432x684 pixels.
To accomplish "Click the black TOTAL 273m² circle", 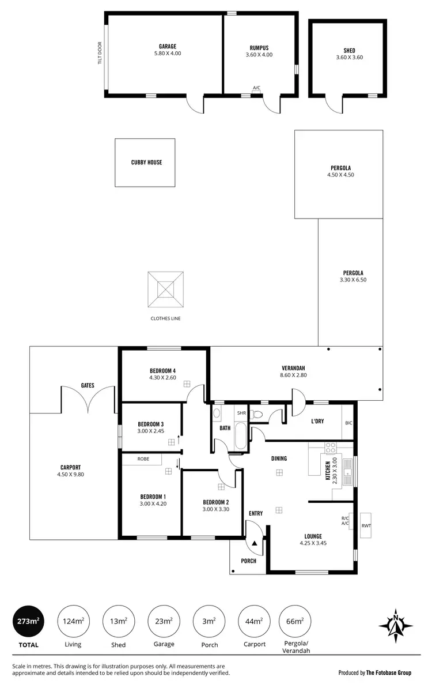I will point(27,621).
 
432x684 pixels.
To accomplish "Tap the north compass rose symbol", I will point(395,625).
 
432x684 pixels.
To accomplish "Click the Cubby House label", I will point(146,163).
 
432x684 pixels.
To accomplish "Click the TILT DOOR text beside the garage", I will point(100,53).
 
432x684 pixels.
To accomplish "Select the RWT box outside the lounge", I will point(366,525).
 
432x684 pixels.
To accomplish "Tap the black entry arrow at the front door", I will point(255,543).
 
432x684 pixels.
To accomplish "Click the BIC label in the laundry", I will point(348,423).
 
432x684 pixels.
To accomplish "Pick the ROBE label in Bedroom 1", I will point(143,459).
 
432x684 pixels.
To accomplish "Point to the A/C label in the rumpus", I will point(256,88).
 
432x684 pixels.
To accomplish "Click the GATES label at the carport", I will point(88,385).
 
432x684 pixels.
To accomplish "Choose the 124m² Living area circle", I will point(73,621).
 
